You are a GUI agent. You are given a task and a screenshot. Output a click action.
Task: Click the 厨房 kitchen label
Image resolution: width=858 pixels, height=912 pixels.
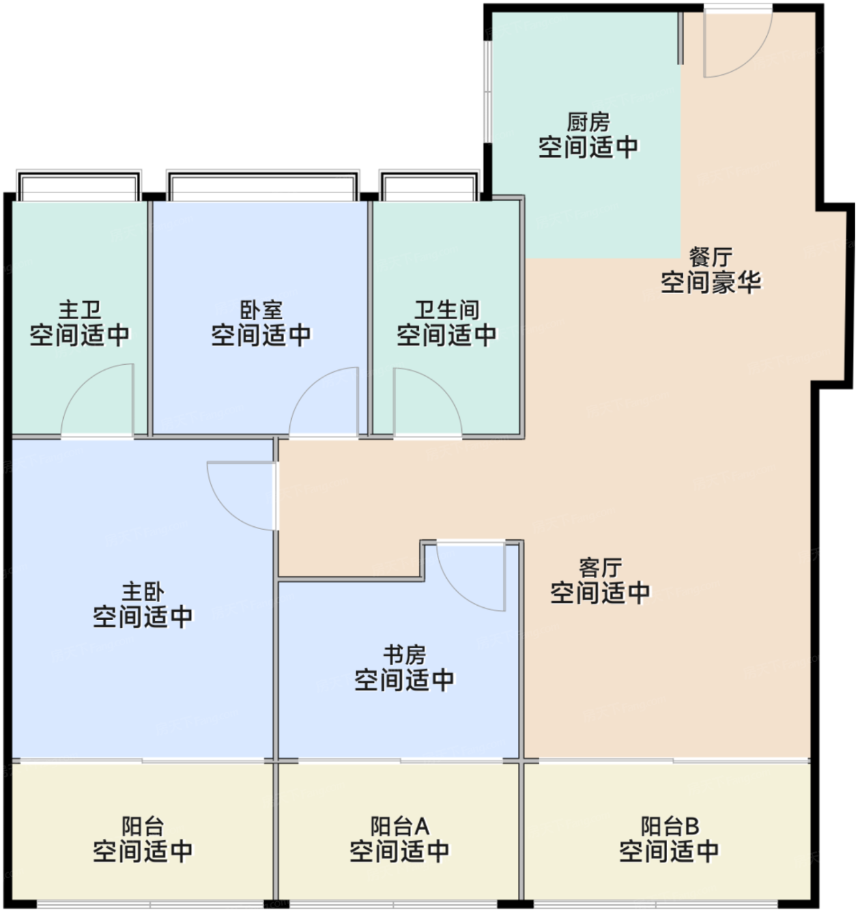pos(588,122)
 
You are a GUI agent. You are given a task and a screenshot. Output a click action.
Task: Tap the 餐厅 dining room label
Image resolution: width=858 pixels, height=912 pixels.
pos(711,257)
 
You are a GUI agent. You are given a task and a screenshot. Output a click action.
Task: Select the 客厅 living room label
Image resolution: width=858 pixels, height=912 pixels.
pos(600,568)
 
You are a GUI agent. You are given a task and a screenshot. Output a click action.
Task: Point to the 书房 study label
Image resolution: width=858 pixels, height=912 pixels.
pos(405,655)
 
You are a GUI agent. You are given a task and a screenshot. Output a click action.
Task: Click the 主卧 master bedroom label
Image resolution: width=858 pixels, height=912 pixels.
pos(143,592)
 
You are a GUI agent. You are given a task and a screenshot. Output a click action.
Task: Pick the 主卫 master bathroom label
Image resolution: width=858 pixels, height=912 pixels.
pos(80,310)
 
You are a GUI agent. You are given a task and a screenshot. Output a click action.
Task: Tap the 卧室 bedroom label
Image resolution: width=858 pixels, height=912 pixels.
pos(261,310)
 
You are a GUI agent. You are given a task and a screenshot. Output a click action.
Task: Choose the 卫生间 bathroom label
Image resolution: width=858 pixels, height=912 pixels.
pos(447,310)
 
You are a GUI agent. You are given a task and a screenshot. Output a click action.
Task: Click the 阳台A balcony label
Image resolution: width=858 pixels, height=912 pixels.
pos(400,827)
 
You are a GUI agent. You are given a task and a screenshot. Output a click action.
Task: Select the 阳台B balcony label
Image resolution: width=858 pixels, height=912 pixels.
pos(670,827)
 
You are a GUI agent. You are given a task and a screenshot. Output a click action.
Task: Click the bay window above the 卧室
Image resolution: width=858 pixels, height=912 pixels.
pos(263,186)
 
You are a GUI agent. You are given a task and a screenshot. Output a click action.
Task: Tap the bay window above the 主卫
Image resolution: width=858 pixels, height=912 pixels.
pos(79,186)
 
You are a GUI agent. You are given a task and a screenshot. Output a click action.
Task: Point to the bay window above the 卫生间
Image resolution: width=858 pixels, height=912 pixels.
pos(429,186)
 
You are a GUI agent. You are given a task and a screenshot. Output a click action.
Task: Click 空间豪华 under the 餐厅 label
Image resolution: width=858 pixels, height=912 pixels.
pos(711,282)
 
